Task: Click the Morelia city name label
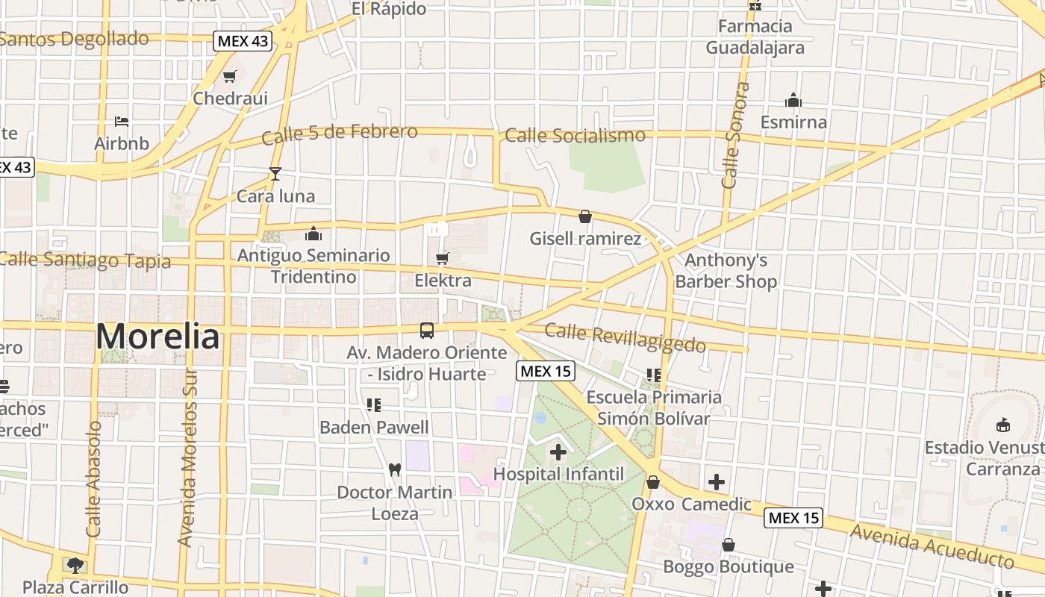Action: [157, 337]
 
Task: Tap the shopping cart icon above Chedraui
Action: [230, 76]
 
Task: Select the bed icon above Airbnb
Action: [122, 121]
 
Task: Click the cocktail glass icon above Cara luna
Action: [275, 174]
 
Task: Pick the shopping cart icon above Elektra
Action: [443, 258]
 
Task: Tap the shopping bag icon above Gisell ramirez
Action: [585, 216]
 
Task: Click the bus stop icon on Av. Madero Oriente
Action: [427, 330]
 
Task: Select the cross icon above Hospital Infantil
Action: [558, 451]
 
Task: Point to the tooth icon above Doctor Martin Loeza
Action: [395, 470]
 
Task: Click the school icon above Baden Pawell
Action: [374, 405]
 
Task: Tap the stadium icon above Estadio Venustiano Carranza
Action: [1003, 425]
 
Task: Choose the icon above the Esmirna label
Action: [793, 100]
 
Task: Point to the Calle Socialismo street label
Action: [575, 135]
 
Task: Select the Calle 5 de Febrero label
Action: [339, 134]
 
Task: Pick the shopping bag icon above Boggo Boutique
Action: [729, 545]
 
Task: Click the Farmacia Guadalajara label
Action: [755, 37]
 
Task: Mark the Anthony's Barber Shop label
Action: [726, 271]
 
